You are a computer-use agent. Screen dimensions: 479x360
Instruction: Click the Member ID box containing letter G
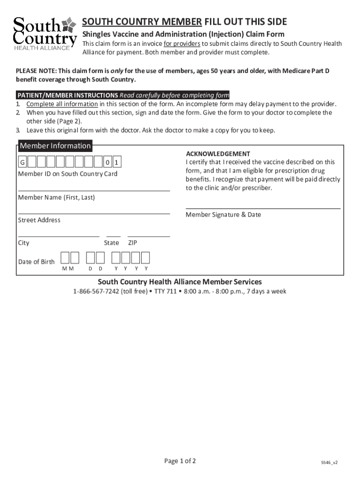click(22, 162)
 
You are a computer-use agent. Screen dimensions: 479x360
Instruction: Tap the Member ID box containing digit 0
click(108, 162)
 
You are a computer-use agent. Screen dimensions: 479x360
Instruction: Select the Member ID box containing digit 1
click(117, 162)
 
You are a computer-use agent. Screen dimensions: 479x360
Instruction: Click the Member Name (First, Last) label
click(56, 197)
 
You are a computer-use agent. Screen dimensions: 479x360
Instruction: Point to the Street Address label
click(39, 220)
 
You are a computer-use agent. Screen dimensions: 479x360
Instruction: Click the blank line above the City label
click(58, 237)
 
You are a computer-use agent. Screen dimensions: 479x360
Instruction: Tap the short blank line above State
click(113, 237)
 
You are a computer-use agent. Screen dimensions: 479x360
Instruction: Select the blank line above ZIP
click(149, 237)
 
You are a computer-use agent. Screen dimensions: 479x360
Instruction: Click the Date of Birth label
click(36, 261)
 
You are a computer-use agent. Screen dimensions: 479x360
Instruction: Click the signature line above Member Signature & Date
click(263, 208)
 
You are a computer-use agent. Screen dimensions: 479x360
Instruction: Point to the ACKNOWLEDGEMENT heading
click(218, 154)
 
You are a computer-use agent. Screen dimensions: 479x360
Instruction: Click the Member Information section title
click(55, 146)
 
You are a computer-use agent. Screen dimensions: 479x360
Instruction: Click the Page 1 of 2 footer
click(180, 461)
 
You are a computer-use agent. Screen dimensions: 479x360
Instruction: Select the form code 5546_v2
click(329, 462)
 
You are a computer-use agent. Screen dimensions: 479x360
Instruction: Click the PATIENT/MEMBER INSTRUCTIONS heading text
click(67, 95)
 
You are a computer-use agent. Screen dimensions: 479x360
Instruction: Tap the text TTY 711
click(174, 291)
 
